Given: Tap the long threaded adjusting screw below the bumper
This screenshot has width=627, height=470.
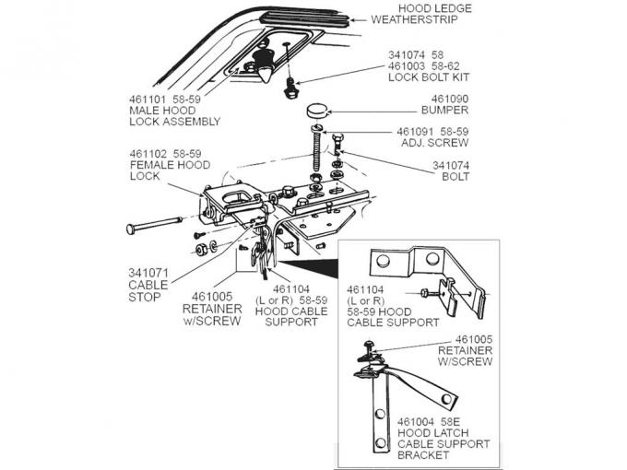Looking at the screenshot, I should [x=314, y=147].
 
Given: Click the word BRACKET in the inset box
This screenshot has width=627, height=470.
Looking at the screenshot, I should [x=425, y=454].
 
